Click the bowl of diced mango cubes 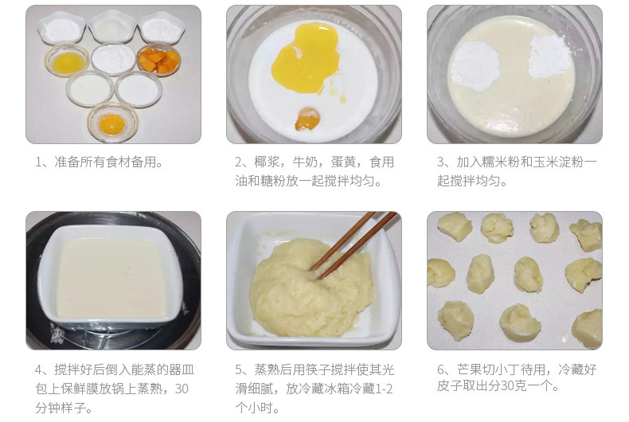(159, 60)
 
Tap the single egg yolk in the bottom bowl (111, 124)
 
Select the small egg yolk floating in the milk (307, 119)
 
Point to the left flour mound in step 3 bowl (476, 66)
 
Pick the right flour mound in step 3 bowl (549, 57)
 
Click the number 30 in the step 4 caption (182, 389)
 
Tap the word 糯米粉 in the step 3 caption (501, 162)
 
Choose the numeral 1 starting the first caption (38, 162)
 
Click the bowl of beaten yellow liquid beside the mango (67, 61)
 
